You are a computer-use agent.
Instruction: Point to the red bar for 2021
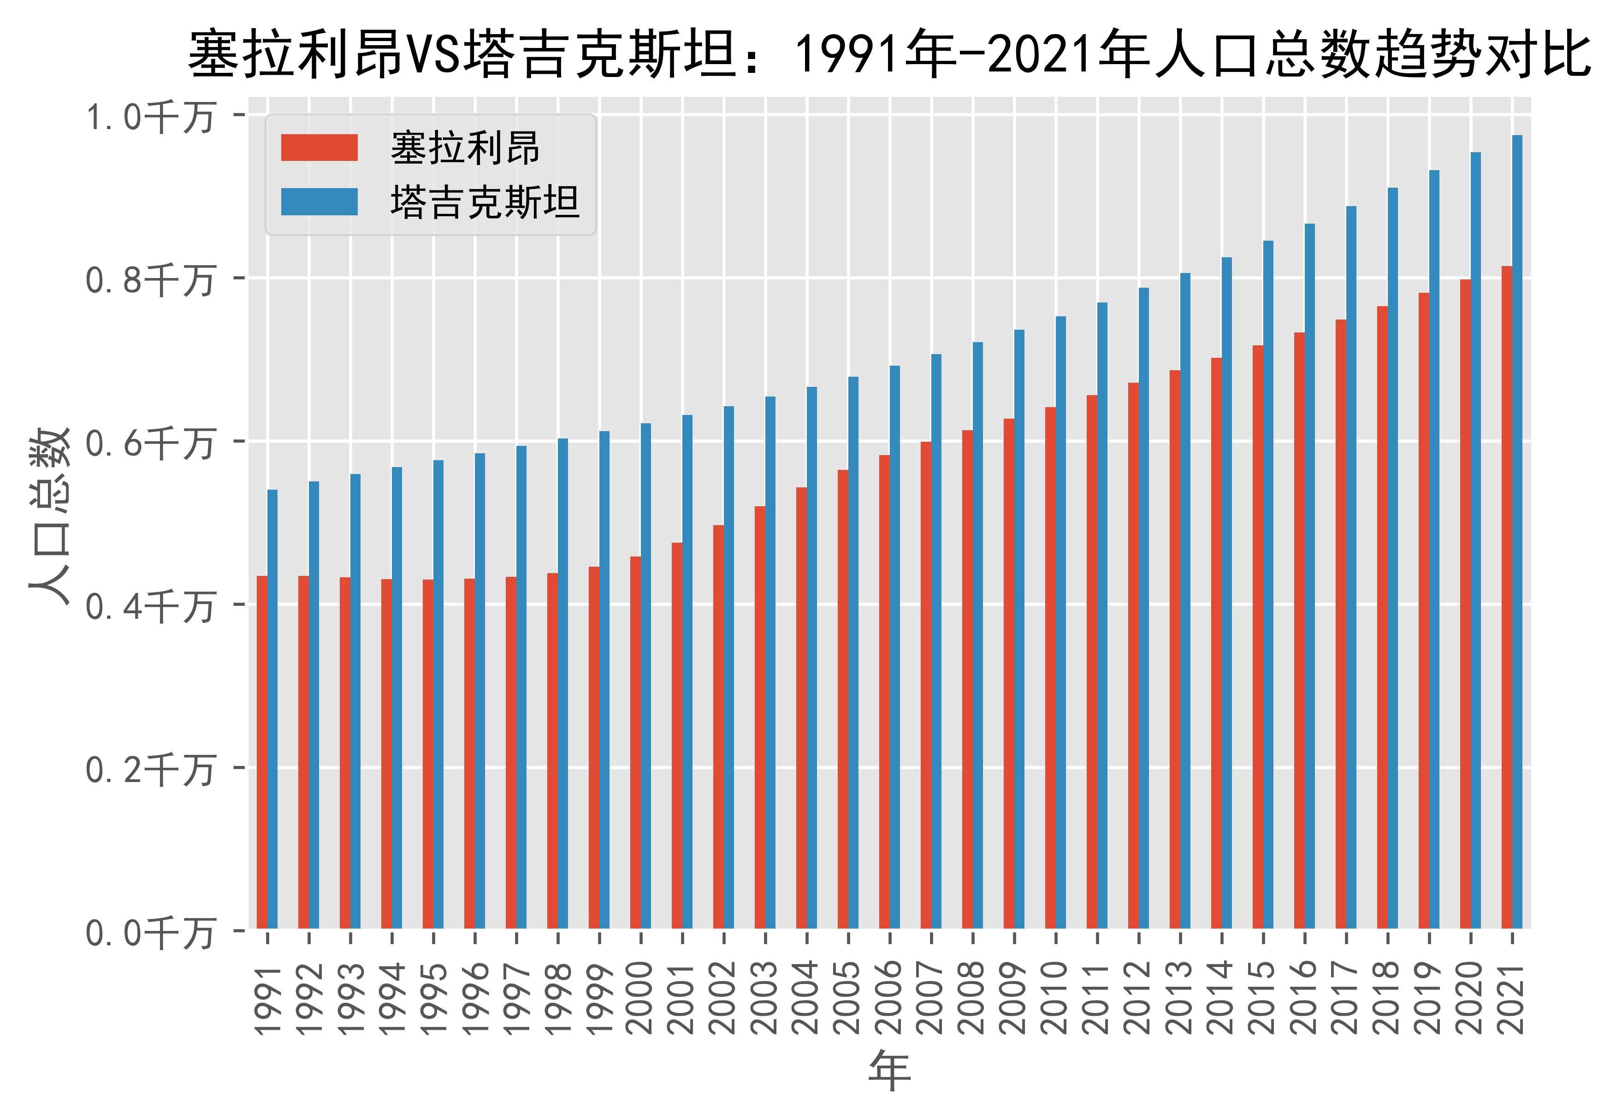tap(1506, 597)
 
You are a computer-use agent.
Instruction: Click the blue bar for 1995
tap(438, 695)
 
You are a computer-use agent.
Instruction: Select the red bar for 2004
tap(801, 708)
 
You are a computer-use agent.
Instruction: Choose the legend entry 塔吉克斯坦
tap(485, 202)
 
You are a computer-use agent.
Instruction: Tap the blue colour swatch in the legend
tap(319, 202)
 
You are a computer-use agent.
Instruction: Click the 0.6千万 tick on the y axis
tap(149, 443)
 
